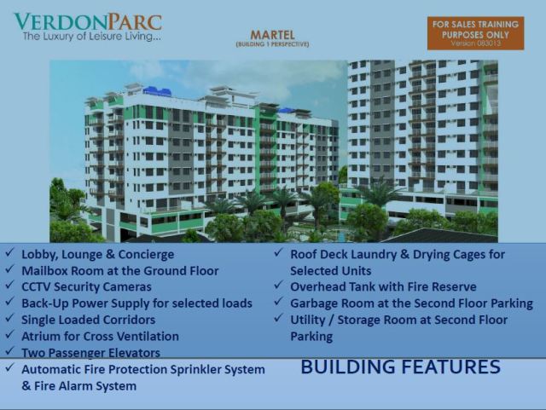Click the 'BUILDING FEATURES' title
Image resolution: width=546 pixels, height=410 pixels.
400,367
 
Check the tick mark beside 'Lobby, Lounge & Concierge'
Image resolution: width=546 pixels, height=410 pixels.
9,254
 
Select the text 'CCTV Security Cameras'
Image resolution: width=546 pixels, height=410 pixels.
86,287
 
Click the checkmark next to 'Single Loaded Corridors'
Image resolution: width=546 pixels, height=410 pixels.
9,320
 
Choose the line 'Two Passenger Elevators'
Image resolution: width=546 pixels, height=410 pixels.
90,352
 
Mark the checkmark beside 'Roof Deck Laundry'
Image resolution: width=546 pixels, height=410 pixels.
279,254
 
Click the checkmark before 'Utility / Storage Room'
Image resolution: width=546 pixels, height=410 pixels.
279,320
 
